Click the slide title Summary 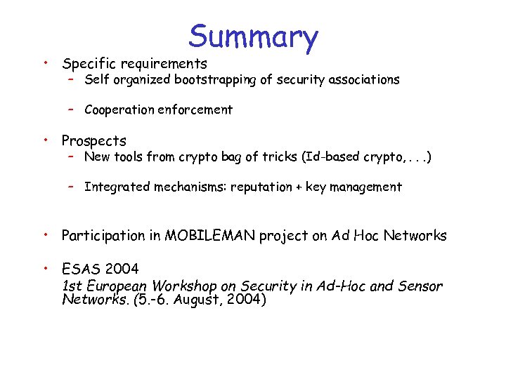pyautogui.click(x=253, y=36)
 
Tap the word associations pyautogui.click(x=364, y=79)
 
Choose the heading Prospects pyautogui.click(x=94, y=140)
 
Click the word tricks pyautogui.click(x=280, y=157)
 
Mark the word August pyautogui.click(x=207, y=300)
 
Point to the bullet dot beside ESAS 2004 pyautogui.click(x=44, y=267)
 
